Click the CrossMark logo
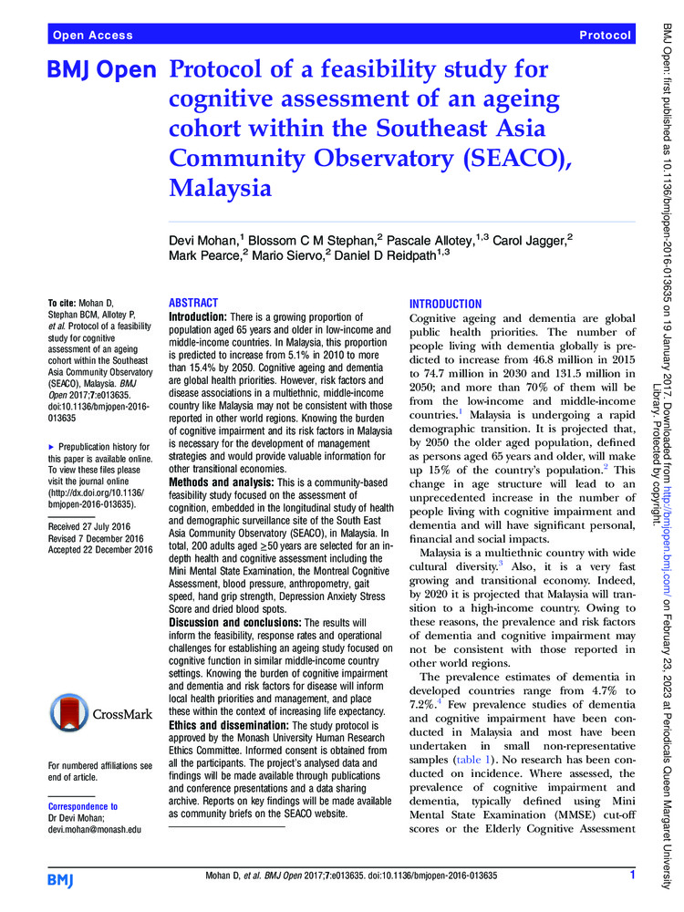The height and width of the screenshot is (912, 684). coord(100,689)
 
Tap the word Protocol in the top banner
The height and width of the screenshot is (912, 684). coord(605,36)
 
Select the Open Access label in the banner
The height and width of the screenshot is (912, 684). coord(93,36)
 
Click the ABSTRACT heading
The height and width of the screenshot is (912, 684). coord(194,303)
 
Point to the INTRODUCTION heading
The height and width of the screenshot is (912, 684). coord(446,303)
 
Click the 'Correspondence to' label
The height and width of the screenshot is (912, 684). coord(82,806)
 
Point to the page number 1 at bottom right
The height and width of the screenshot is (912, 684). coord(632,876)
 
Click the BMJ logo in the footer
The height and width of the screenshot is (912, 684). coord(63,878)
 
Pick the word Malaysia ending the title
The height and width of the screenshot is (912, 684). coord(222,190)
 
